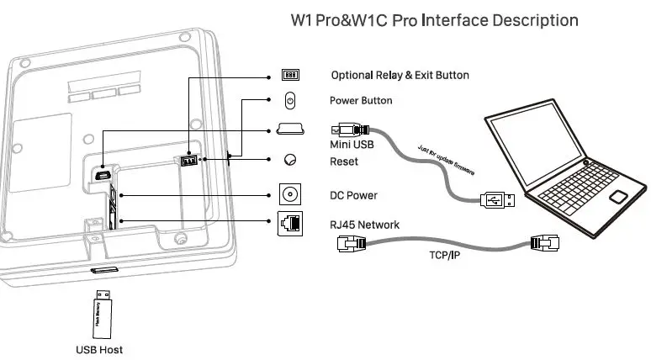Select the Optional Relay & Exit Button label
point(400,75)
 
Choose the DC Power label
point(353,195)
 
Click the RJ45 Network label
point(364,225)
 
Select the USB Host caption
point(99,349)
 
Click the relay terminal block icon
point(290,75)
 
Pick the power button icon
point(290,101)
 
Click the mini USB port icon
point(290,130)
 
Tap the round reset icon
point(290,160)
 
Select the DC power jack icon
point(290,195)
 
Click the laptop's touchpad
point(619,198)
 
